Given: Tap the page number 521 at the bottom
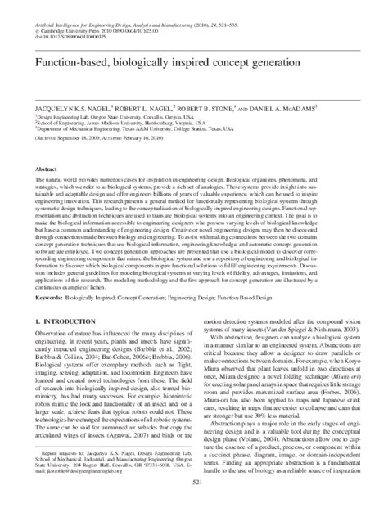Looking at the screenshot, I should pyautogui.click(x=193, y=506).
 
